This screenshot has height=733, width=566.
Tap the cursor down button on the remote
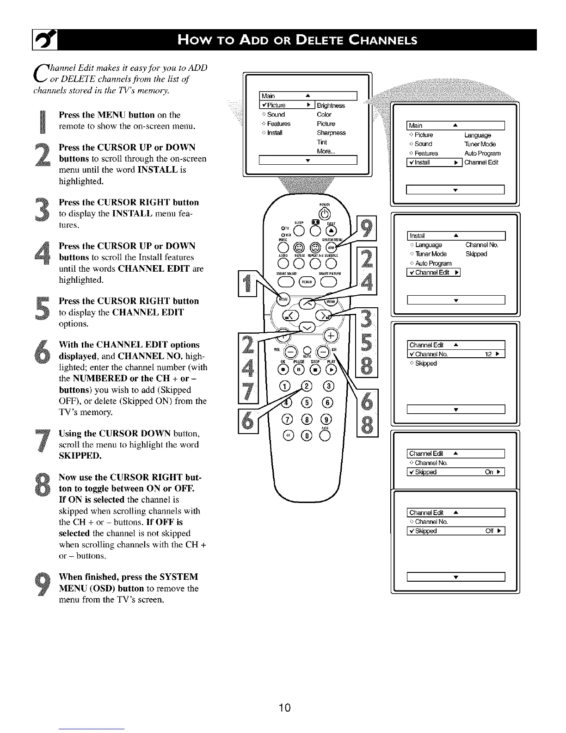[306, 328]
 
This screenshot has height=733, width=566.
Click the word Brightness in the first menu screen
[331, 106]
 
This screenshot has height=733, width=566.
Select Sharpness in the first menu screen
[331, 133]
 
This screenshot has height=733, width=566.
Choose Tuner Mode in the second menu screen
[480, 144]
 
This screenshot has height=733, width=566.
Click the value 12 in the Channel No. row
[488, 354]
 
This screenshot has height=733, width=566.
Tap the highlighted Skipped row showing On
[455, 472]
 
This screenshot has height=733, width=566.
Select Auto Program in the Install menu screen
[433, 263]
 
